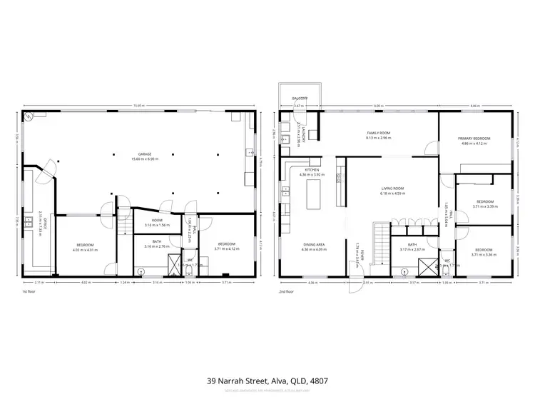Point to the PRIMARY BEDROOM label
474,139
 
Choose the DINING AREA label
314,245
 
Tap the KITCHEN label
314,170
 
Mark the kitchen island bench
313,194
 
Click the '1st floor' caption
29,291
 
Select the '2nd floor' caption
287,291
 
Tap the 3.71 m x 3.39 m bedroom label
484,203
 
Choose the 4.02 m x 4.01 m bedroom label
83,246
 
